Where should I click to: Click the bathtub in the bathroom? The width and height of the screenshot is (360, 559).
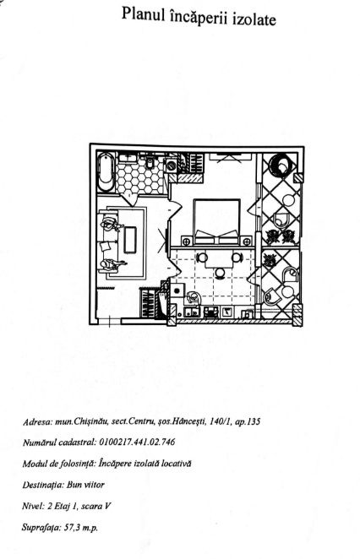tap(106, 171)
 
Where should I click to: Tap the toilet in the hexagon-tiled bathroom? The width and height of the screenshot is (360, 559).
tap(150, 161)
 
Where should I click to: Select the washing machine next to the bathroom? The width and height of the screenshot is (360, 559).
tap(172, 166)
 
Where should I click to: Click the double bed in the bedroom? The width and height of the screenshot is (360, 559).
tap(216, 222)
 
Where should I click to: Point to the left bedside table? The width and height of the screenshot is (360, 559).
tap(186, 242)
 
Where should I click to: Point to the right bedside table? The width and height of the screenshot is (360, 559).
tap(246, 242)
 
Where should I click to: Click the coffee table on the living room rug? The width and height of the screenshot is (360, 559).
tap(130, 240)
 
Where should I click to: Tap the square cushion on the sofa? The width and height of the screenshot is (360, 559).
tap(106, 247)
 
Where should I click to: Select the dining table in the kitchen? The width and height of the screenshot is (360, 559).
tap(219, 258)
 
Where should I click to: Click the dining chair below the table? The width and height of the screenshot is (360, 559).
tap(220, 273)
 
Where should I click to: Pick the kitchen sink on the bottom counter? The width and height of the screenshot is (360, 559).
tap(192, 312)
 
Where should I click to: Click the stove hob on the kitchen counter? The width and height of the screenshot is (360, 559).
tap(211, 312)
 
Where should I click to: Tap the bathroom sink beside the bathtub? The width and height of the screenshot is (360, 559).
tap(128, 158)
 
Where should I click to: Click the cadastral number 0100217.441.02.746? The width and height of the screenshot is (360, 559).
tap(138, 442)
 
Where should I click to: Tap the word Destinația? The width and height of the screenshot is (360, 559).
tap(43, 485)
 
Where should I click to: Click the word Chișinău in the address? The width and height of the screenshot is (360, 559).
tap(91, 421)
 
